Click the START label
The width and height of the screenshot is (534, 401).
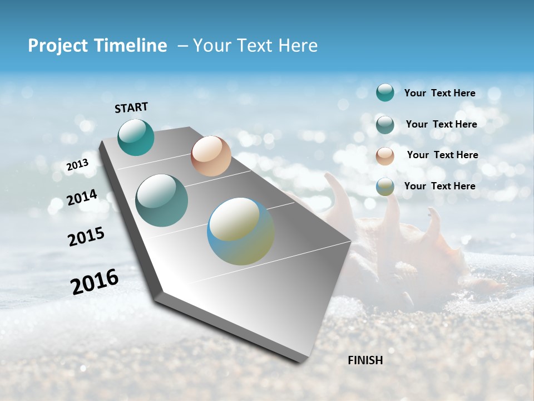coord(131,107)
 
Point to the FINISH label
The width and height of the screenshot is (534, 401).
coord(365,360)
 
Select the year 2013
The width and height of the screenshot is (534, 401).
coord(77,165)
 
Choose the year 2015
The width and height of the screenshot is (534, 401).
coord(86,237)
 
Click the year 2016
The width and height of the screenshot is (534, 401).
coord(95,282)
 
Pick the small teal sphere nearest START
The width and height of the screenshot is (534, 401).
coord(136,137)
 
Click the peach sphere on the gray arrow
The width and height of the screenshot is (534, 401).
coord(211,156)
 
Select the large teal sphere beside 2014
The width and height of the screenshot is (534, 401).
coord(162,200)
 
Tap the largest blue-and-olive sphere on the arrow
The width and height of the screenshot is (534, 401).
coord(241,231)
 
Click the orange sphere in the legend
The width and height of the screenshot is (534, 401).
coord(385,156)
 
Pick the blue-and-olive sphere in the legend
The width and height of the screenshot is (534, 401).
coord(385,187)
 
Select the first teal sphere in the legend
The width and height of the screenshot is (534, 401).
coord(385,92)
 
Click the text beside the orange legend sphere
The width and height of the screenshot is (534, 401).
coord(442,155)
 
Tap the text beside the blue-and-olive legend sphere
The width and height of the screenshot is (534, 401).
coord(439,186)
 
